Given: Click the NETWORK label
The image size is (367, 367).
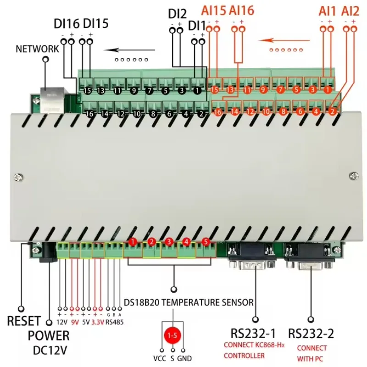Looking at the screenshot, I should tap(37, 49).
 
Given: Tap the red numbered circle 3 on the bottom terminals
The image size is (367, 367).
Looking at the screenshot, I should tap(168, 242).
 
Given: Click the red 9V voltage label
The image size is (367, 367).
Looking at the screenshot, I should tap(75, 322).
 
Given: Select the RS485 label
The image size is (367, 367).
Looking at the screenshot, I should tap(114, 322).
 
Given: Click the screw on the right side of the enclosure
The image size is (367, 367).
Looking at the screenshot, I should tap(352, 175).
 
